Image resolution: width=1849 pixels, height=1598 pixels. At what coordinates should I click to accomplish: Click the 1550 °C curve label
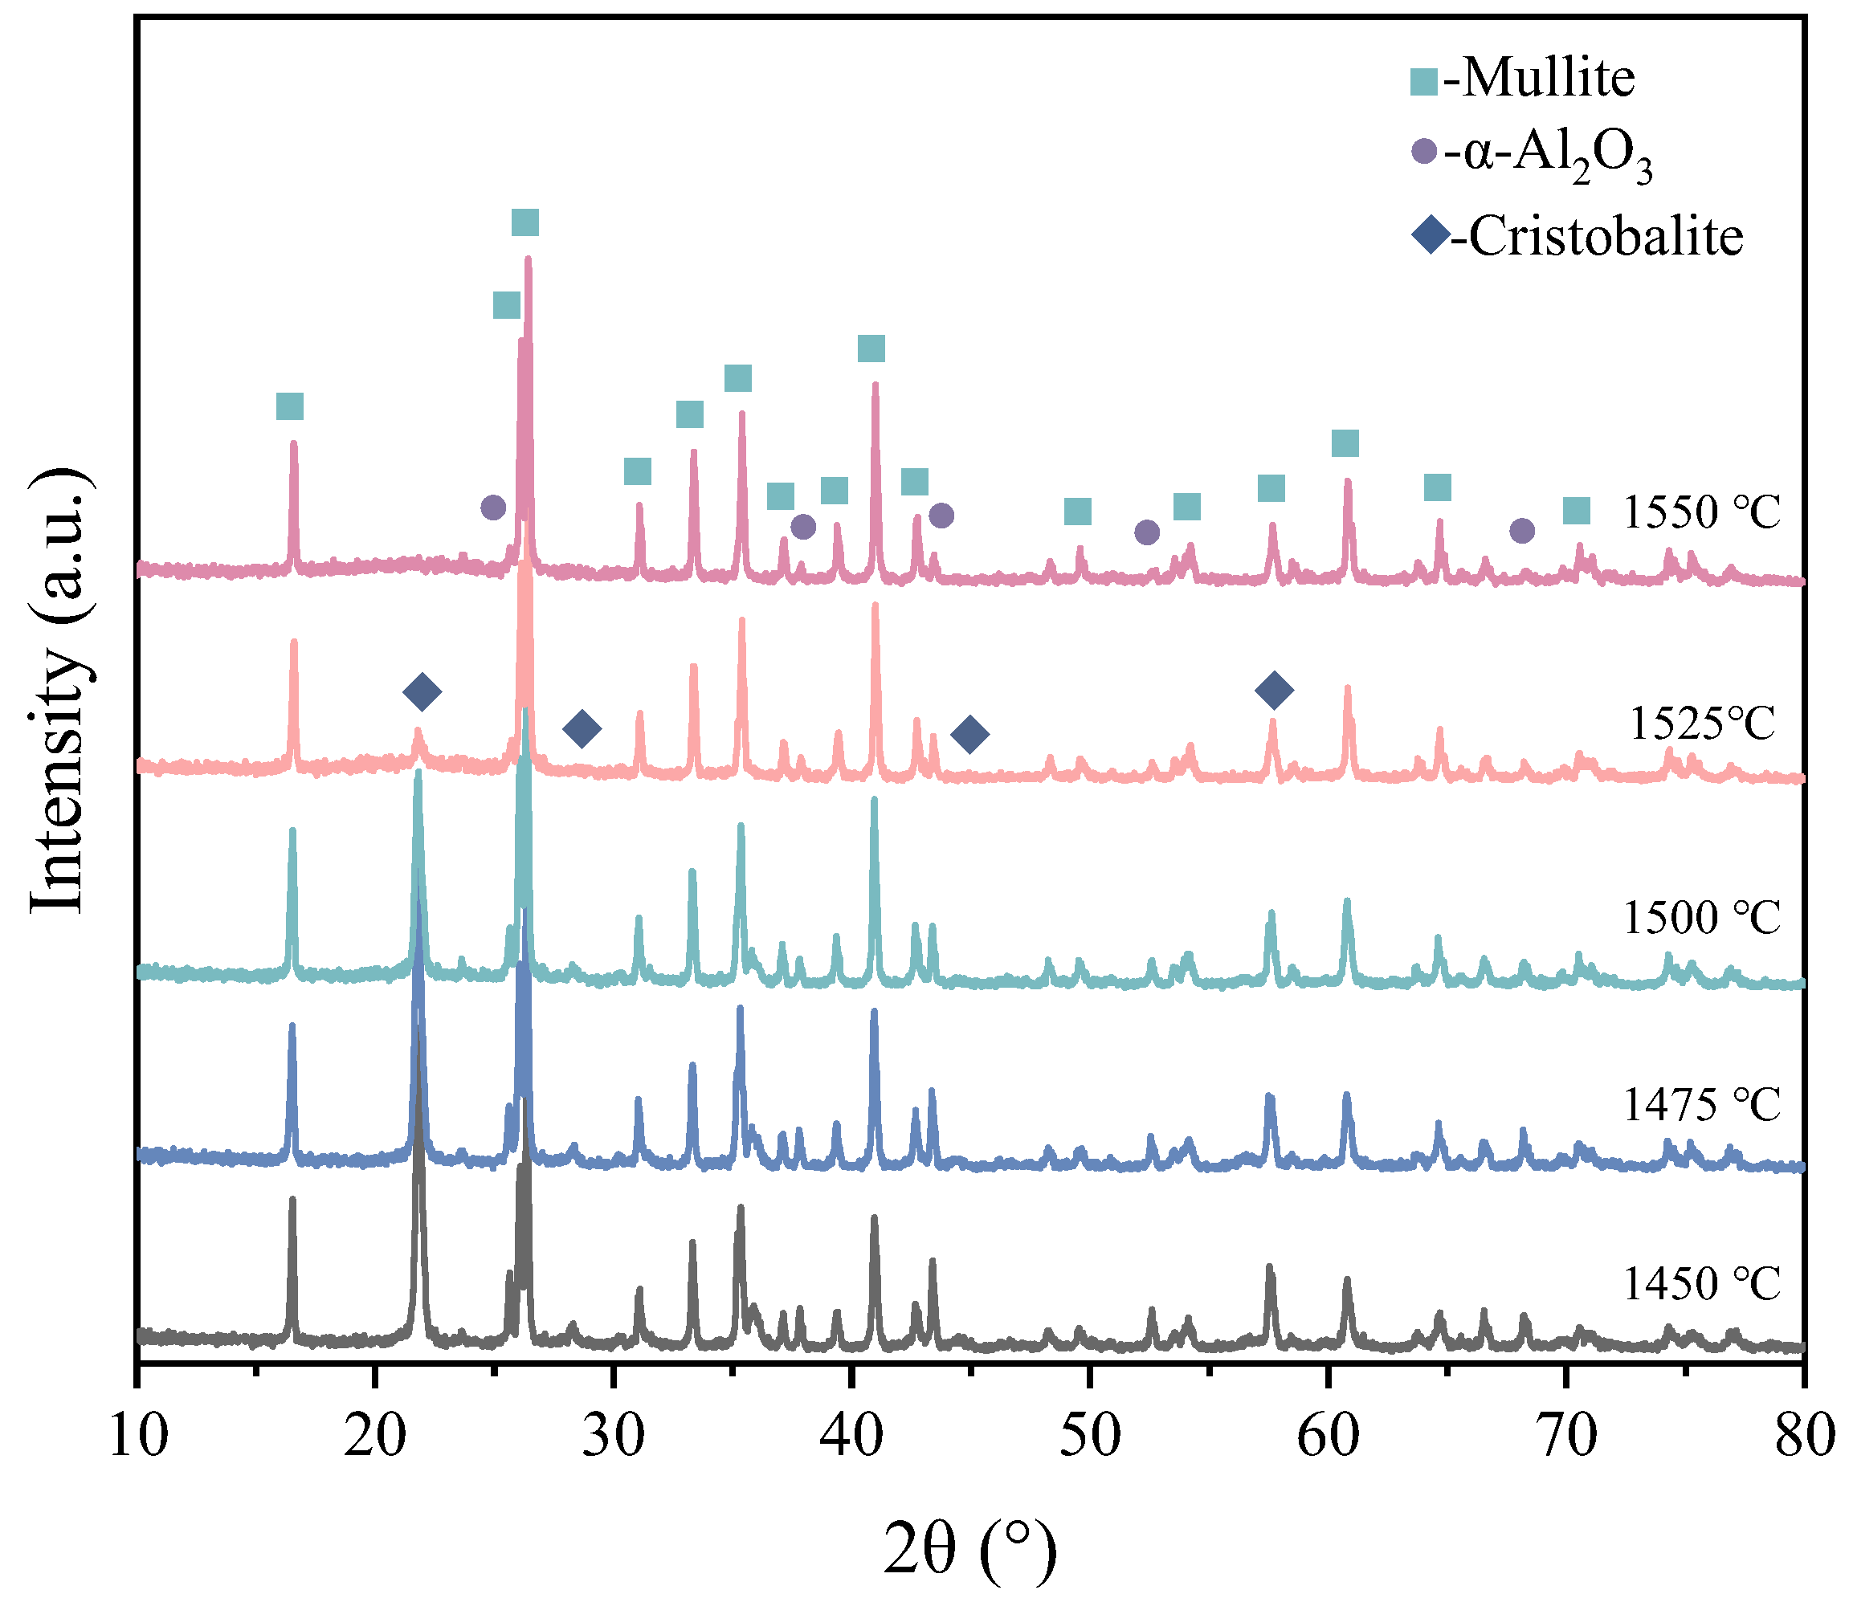1701,512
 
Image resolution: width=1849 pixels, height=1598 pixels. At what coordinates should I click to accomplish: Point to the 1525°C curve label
1703,724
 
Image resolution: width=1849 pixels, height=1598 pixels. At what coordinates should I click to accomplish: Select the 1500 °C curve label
1701,917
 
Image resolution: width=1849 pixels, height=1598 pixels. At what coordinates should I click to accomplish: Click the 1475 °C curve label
1701,1106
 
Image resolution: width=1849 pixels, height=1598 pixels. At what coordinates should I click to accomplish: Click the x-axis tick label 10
138,1437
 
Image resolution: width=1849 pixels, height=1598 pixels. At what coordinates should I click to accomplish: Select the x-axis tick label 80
1802,1437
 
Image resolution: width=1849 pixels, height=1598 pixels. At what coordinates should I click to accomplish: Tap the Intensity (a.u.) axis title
59,691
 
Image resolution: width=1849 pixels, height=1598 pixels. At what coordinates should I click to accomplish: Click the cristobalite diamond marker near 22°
422,691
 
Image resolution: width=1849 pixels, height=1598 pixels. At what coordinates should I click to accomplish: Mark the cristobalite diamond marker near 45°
970,734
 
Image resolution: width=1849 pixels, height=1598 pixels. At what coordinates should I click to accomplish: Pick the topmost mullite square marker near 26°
524,223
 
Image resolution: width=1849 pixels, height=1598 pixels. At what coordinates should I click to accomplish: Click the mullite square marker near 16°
290,407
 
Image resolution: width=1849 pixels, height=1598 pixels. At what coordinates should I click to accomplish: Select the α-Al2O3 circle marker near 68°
1522,531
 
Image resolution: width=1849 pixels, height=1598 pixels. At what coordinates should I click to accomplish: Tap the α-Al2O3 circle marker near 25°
492,508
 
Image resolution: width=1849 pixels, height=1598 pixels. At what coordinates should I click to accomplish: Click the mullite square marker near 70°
1577,512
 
